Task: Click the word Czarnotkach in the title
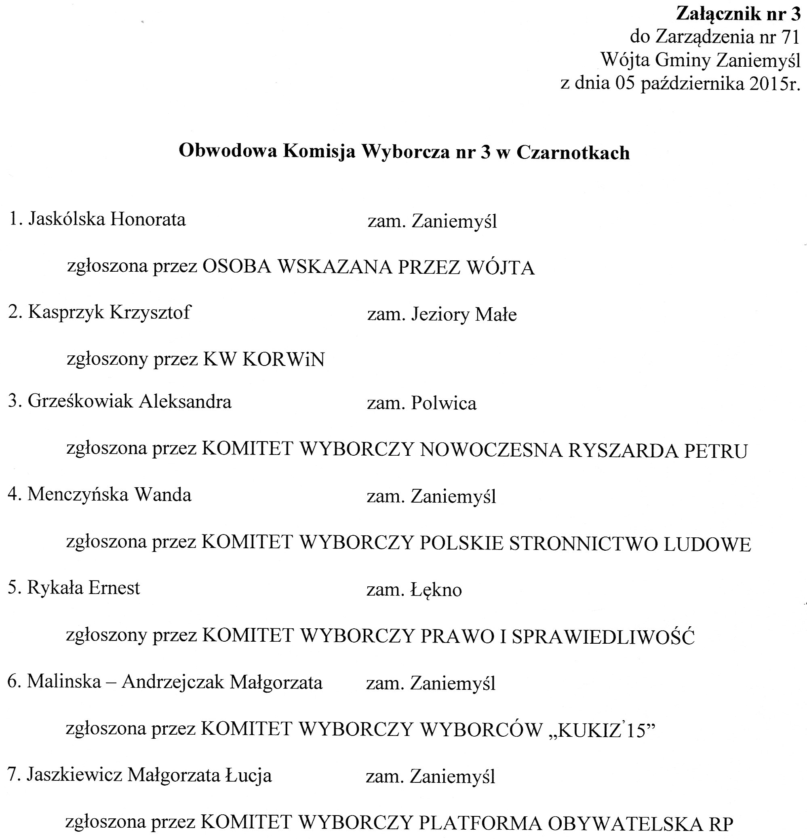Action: [x=573, y=153]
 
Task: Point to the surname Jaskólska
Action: [x=66, y=219]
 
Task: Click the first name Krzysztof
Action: [x=150, y=312]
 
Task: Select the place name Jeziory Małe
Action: [x=464, y=315]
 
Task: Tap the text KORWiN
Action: [x=283, y=359]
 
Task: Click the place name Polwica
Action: [x=443, y=404]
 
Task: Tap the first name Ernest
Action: [x=114, y=588]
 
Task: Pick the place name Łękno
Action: [x=436, y=590]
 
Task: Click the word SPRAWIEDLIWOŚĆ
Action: [x=603, y=637]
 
